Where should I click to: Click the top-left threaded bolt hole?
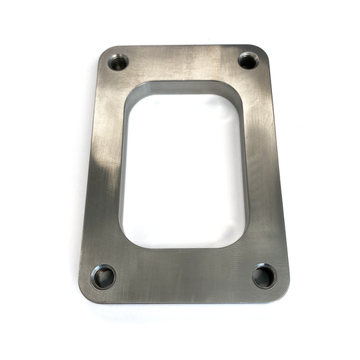[x=118, y=62]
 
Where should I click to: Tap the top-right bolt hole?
[x=248, y=61]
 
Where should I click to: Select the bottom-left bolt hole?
[x=103, y=277]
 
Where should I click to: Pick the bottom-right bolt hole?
[x=264, y=276]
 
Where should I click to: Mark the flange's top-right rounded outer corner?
[x=265, y=49]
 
